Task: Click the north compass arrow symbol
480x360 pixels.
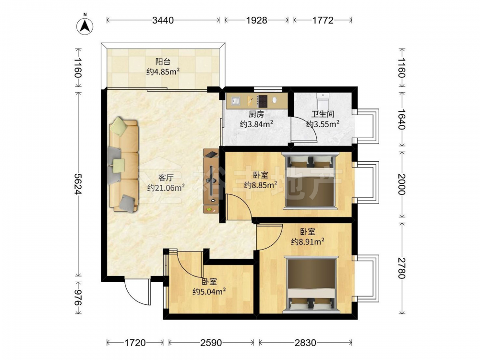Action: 85,25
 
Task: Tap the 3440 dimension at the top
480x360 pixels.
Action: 163,20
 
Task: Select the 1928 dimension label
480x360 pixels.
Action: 256,20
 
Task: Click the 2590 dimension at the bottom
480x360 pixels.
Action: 211,343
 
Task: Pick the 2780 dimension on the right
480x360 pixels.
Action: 401,268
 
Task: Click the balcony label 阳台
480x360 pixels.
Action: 163,61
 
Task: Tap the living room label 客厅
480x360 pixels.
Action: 166,178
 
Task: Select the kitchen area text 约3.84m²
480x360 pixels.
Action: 256,124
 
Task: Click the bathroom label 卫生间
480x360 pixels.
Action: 323,114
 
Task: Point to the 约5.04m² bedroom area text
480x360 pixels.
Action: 209,291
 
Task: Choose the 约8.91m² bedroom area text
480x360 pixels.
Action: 308,242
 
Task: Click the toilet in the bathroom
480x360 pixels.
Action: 323,101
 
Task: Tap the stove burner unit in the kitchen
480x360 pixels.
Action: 262,101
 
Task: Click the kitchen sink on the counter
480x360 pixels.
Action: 235,101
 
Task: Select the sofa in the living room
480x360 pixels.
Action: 123,165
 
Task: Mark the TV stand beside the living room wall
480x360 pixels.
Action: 211,181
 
